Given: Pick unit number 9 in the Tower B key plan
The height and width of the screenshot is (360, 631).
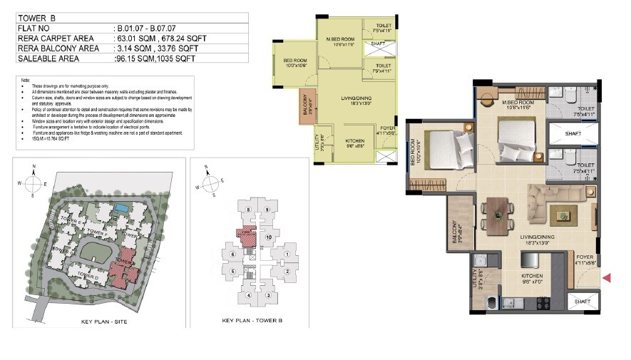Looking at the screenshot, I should pyautogui.click(x=266, y=210).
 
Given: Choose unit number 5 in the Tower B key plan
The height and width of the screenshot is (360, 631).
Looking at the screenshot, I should pyautogui.click(x=232, y=271).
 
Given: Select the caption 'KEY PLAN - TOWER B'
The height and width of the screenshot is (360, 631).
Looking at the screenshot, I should pyautogui.click(x=250, y=321).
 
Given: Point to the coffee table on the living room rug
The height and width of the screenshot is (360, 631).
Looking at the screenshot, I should pyautogui.click(x=563, y=213).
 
